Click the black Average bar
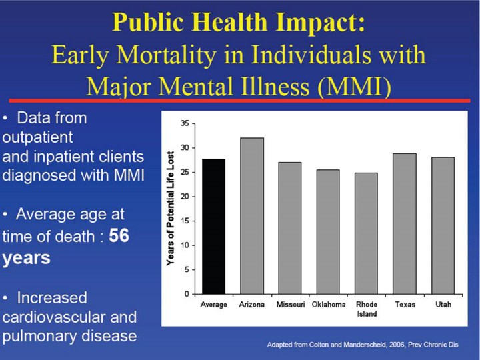coord(214,227)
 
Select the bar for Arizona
coord(252,216)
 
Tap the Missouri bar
coord(290,228)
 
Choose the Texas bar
coord(404,224)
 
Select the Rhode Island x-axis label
coord(366,309)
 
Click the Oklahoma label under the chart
coord(328,305)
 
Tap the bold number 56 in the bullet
coord(119,236)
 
